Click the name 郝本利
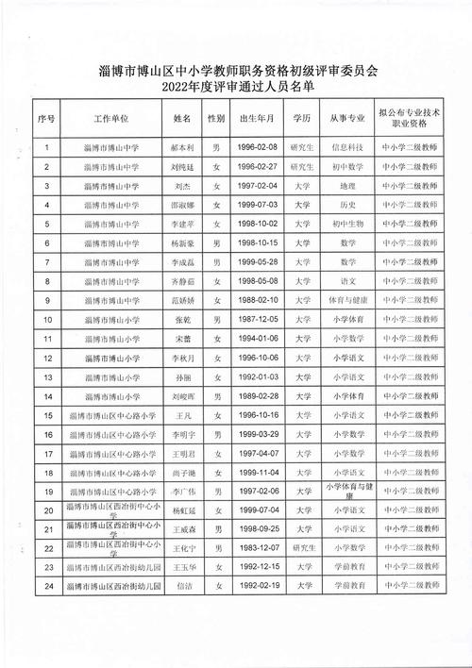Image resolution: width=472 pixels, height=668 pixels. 181,148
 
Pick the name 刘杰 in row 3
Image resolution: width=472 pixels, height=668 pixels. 181,186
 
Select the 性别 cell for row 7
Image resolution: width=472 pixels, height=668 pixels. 216,261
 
